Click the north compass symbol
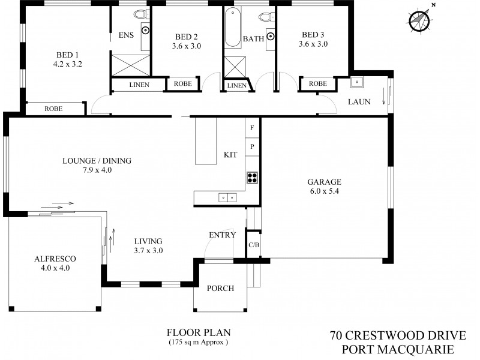point(419,20)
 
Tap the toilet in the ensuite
point(140,14)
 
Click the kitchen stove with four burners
point(253,177)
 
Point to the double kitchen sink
point(227,197)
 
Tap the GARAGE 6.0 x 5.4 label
point(324,187)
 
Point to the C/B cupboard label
point(253,245)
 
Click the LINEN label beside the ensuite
point(139,85)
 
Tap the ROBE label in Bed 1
point(55,109)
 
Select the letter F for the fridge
point(252,128)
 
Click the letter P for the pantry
point(252,146)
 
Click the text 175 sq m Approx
point(198,343)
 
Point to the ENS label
point(125,35)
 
